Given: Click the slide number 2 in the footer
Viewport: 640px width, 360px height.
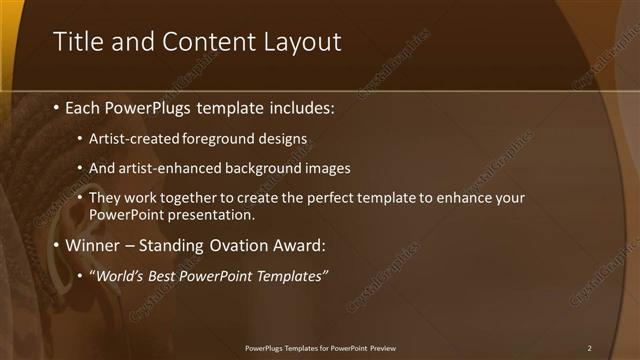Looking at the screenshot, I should (590, 348).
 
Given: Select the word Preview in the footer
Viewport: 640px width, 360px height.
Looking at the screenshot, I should (382, 348).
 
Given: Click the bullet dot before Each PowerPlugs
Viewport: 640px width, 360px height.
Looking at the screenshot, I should (56, 107).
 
